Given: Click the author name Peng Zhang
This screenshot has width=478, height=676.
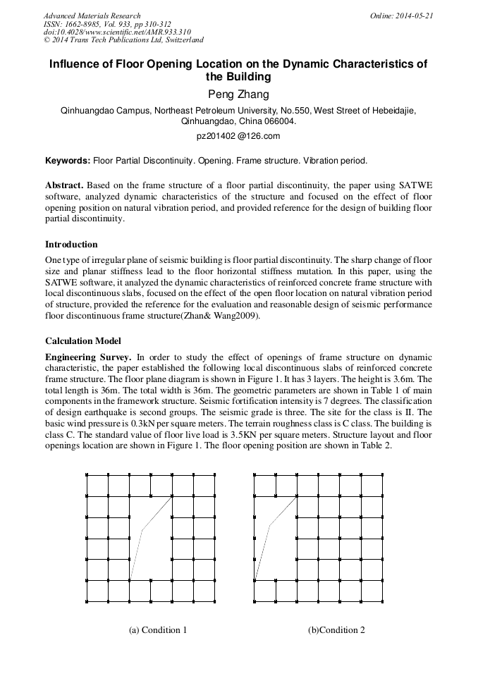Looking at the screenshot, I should click(x=238, y=94).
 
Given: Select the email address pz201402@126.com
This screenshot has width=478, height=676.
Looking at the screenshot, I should click(x=238, y=136).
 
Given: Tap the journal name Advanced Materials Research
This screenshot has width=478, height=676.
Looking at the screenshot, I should click(x=92, y=15).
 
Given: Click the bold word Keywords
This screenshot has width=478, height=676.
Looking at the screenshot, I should click(x=68, y=161).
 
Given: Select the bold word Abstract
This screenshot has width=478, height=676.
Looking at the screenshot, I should click(x=65, y=185).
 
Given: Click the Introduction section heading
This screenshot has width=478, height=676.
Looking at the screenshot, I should click(x=71, y=245).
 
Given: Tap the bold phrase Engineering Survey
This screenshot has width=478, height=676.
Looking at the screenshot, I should click(x=88, y=357).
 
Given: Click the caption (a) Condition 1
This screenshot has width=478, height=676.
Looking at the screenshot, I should click(x=158, y=629).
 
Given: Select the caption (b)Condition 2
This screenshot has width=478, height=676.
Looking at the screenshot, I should click(x=336, y=629).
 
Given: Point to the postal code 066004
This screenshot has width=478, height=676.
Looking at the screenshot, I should click(x=280, y=121).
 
